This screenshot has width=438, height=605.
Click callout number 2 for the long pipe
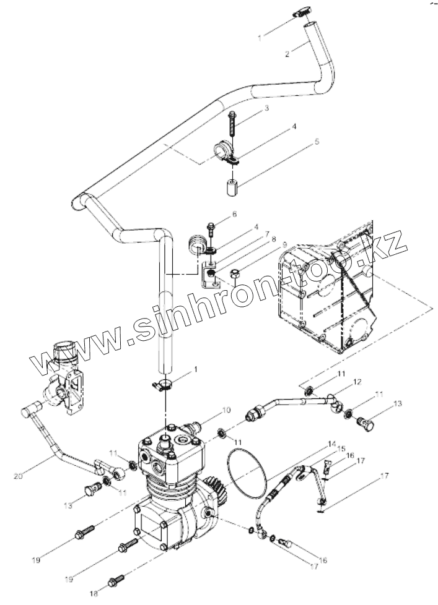287,54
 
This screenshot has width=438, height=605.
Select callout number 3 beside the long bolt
266,108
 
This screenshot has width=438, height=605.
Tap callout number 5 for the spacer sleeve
317,142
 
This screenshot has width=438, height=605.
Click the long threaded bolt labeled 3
232,124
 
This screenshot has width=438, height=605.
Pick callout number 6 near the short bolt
234,214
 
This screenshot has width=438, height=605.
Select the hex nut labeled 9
235,274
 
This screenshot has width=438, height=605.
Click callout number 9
284,244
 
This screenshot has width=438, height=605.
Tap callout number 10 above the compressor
226,410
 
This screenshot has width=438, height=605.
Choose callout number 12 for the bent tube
357,382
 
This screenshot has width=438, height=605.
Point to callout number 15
341,449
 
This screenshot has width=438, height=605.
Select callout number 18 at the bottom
94,594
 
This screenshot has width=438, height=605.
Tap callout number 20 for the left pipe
18,476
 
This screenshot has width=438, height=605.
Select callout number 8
273,239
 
